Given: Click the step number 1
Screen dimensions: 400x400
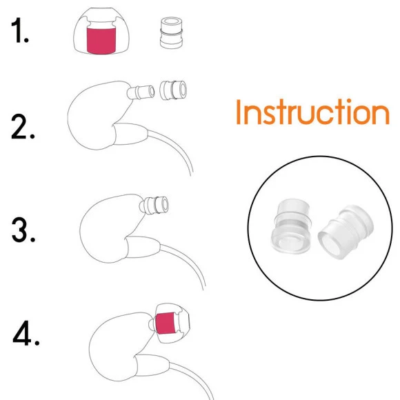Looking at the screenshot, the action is pos(17,30).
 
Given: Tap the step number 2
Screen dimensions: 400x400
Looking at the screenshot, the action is pos(20,127).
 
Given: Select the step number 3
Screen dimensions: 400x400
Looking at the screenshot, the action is pos(21,230).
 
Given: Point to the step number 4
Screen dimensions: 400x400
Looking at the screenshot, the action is pos(22,333).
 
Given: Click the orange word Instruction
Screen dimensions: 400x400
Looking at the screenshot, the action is pos(312,112).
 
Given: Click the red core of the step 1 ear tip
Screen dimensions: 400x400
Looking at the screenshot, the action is pos(101,41).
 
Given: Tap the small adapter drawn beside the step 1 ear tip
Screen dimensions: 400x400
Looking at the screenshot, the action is pos(171,32).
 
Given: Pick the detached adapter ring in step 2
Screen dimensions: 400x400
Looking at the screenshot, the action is pos(173,90).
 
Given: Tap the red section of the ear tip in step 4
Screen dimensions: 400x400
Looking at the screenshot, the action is pos(166,323).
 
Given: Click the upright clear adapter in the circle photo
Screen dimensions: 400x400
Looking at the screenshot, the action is pos(291,226).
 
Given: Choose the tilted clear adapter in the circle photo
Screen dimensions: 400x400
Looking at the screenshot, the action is pos(346,232).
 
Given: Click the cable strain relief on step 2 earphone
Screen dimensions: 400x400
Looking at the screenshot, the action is pos(130,134).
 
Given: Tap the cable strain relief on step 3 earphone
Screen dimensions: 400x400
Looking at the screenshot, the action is pos(143,247).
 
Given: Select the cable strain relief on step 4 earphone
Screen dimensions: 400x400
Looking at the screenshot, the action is pos(152,366).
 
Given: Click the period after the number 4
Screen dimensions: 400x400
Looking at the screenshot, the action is pos(37,343).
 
